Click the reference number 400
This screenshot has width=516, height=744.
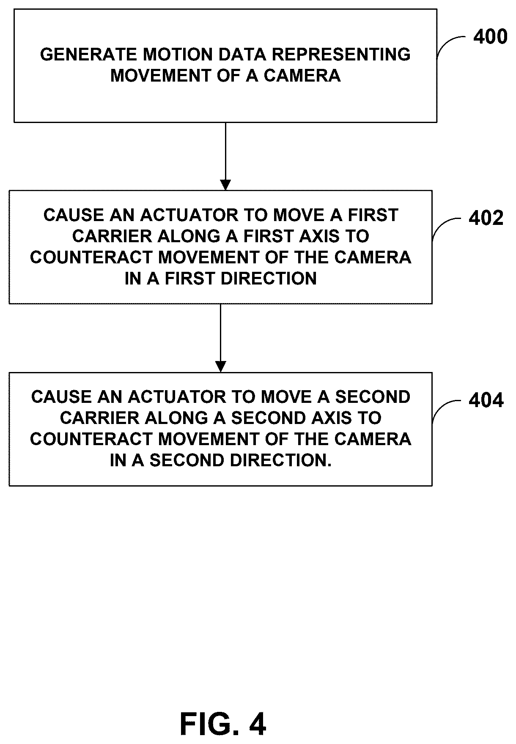coord(490,37)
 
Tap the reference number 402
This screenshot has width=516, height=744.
coord(486,218)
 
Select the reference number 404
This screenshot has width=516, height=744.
coord(486,400)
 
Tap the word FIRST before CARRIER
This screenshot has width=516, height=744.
coord(373,215)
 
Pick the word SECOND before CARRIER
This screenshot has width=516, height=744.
coord(373,397)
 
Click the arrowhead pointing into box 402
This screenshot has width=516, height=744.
coord(225,185)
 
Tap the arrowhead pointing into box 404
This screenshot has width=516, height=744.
coord(220,367)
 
